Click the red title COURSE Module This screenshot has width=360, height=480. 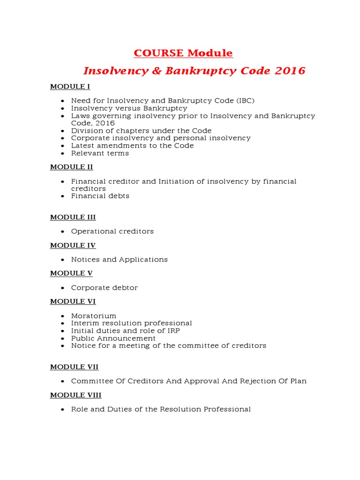point(183,53)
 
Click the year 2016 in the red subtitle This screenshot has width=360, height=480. point(290,71)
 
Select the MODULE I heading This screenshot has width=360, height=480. point(70,87)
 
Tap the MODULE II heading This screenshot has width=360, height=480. point(71,167)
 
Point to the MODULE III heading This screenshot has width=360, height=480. point(73,217)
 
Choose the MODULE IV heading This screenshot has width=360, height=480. point(73,245)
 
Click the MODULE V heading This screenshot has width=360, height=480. point(71,273)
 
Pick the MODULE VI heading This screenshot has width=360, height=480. point(73,301)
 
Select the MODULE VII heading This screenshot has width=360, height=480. point(74,367)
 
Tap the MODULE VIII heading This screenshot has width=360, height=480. point(75,395)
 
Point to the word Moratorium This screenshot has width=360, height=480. point(94,316)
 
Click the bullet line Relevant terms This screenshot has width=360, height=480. point(100,153)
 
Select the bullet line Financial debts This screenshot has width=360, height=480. point(100,196)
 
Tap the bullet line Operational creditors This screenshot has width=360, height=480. point(112,232)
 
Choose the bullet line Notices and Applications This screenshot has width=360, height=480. point(119,260)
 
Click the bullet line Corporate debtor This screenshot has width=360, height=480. point(105,288)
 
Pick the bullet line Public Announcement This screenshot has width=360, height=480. point(113,338)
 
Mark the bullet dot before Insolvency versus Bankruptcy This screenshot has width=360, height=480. point(63,109)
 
